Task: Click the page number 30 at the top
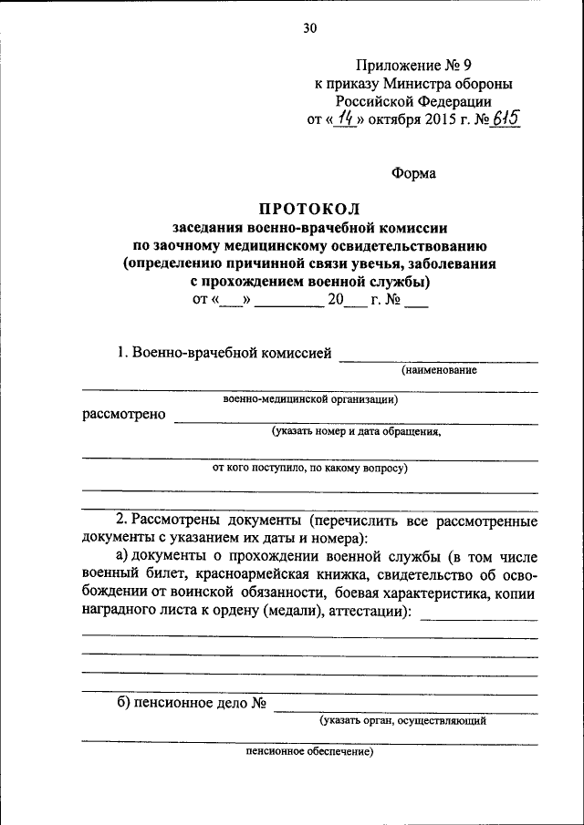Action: (x=309, y=28)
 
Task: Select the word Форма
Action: (x=413, y=172)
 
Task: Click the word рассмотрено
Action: (x=125, y=415)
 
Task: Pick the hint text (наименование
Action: (x=440, y=370)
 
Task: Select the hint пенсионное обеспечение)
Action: (x=309, y=753)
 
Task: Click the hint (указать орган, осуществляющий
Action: (x=402, y=720)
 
